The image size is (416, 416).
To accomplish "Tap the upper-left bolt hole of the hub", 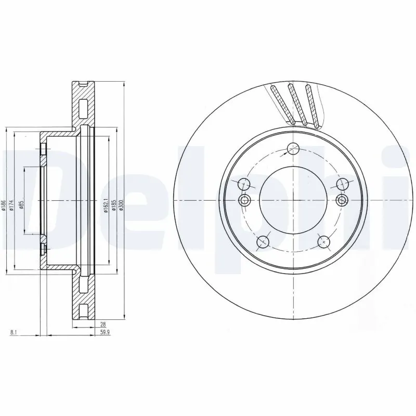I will click(244, 185).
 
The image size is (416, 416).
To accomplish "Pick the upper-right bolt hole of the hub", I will click(342, 184).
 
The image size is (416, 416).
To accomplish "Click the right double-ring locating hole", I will click(342, 201).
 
